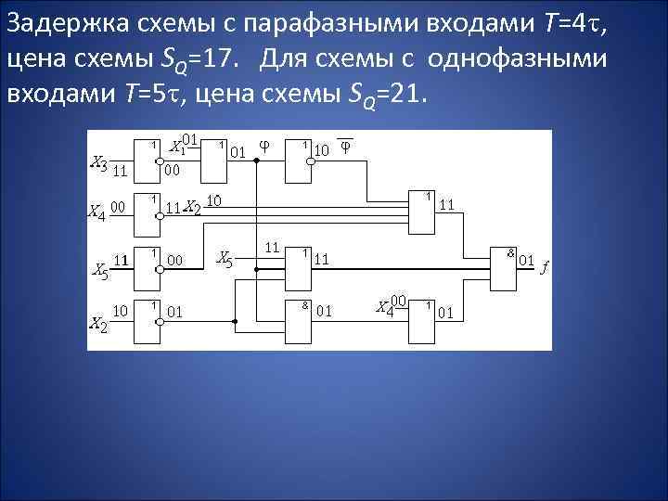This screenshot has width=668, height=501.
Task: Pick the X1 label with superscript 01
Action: (183, 145)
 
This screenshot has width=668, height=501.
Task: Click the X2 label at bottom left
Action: (97, 324)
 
